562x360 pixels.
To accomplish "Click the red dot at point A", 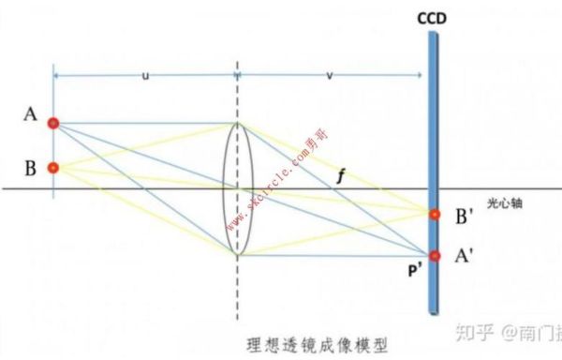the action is coord(53,123).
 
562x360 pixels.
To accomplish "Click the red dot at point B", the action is coord(53,169).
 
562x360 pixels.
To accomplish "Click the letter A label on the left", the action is coord(31,116).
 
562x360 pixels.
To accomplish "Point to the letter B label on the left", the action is coord(31,169).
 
